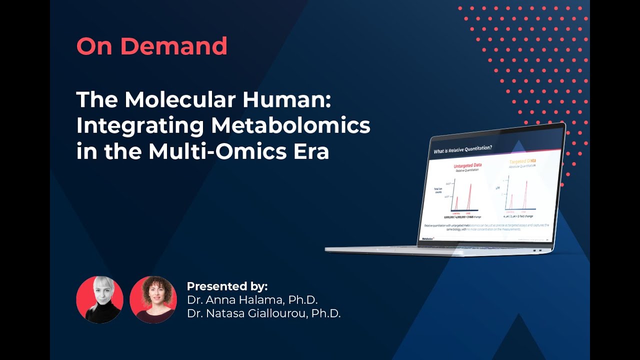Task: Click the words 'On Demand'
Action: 152,46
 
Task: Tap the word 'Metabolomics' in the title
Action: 290,125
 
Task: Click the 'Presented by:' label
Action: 227,286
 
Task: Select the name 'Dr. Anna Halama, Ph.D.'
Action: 252,300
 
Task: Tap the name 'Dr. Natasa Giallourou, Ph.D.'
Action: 263,314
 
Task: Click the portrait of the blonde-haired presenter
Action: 99,299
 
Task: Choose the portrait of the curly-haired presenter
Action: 153,299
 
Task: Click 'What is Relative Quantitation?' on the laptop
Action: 463,148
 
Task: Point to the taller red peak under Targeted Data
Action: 525,195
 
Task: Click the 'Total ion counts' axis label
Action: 437,191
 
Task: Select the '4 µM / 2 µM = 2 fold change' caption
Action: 518,216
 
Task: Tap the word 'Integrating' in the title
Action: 139,125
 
